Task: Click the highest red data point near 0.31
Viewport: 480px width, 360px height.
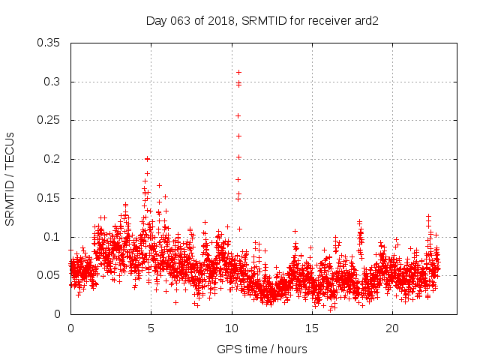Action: [x=238, y=73]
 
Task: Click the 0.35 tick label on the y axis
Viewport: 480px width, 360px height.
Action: [x=49, y=43]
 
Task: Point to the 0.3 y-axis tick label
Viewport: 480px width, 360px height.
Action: [x=52, y=82]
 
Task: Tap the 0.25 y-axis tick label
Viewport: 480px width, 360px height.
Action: [x=49, y=120]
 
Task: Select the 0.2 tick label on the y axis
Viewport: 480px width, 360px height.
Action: [x=52, y=159]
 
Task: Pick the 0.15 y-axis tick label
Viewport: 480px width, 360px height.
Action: [x=49, y=198]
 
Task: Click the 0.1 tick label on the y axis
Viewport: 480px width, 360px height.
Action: [x=52, y=237]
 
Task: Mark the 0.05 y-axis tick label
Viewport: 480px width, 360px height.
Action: [x=49, y=275]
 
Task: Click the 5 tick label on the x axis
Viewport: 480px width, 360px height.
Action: [x=151, y=328]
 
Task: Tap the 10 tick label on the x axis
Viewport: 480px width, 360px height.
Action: [x=232, y=328]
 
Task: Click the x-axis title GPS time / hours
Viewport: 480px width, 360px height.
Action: [x=262, y=349]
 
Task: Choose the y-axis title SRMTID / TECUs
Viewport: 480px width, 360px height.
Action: [x=10, y=178]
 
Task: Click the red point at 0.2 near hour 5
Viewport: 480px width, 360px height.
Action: [x=148, y=159]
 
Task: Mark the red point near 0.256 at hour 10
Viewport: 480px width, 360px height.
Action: [x=238, y=115]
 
